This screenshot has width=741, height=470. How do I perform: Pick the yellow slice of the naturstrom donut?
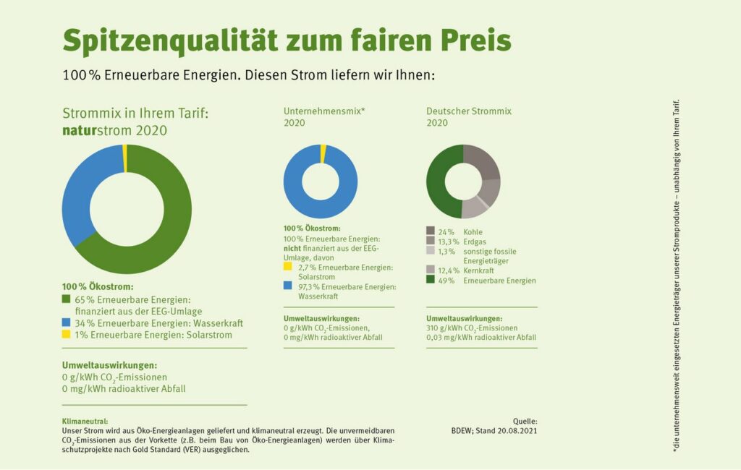tap(125, 158)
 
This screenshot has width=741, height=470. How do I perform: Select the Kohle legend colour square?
tap(431, 231)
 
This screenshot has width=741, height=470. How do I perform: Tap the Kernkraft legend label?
tap(478, 270)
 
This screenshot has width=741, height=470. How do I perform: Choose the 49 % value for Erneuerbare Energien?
tap(446, 280)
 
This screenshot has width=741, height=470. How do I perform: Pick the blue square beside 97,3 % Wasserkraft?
tap(288, 286)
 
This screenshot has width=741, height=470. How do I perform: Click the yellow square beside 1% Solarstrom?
tap(67, 334)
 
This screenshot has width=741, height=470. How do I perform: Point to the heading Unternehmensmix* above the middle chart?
tap(323, 111)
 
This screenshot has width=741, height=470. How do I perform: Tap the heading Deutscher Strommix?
tap(469, 111)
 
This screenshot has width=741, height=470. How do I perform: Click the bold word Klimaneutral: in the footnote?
tap(85, 421)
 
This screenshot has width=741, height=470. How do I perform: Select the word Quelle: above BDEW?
tap(525, 421)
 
